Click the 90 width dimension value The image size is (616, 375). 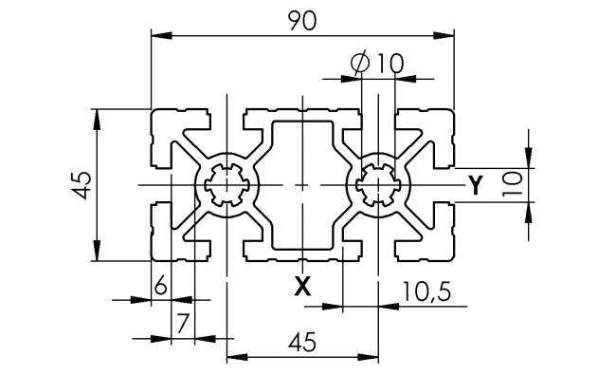click(301, 20)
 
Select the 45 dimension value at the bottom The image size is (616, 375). click(301, 340)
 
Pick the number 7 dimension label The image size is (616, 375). click(182, 322)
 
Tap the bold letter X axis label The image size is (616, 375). click(301, 284)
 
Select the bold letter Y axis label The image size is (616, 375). click(476, 183)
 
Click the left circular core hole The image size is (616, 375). click(226, 183)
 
